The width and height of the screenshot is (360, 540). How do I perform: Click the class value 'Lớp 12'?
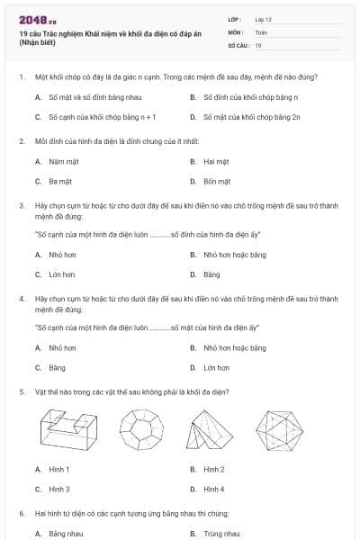[263, 18]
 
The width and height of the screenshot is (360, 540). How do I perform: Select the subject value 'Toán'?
[261, 31]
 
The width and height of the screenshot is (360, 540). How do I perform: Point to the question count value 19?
[258, 44]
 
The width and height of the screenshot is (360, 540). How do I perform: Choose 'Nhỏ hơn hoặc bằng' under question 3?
[234, 255]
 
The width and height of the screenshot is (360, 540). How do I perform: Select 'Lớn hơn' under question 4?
[216, 368]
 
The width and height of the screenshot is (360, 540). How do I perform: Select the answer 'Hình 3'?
[59, 490]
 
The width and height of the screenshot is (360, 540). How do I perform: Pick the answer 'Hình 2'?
[214, 470]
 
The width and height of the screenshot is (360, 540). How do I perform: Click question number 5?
[21, 392]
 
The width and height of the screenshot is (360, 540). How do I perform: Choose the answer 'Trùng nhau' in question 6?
[221, 534]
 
